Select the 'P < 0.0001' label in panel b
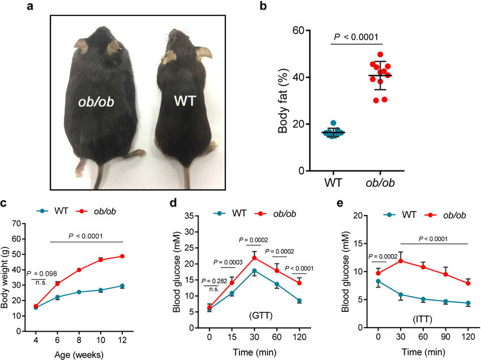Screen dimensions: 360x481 pyautogui.click(x=358, y=38)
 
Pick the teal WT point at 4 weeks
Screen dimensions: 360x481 pyautogui.click(x=36, y=307)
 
